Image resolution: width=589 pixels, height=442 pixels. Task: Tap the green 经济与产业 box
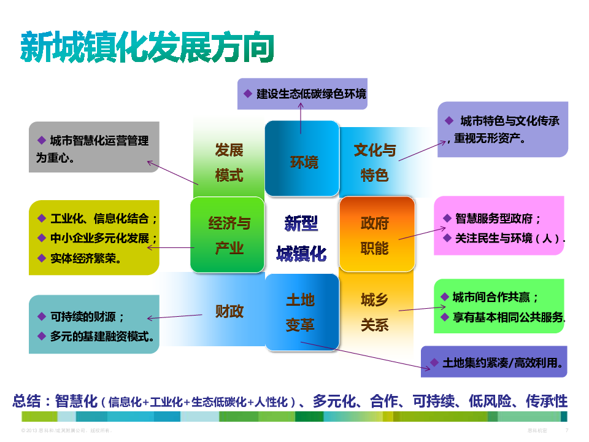click(x=228, y=235)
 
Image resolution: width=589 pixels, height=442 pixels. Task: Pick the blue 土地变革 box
click(x=301, y=312)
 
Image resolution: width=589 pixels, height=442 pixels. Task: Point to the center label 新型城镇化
click(x=301, y=238)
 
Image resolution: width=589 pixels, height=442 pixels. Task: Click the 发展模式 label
click(x=229, y=163)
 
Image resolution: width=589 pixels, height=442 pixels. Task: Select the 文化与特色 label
click(x=375, y=163)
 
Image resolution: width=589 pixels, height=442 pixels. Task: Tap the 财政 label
click(x=229, y=311)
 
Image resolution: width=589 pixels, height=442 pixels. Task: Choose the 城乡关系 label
click(x=374, y=312)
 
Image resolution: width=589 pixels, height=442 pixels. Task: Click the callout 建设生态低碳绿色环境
click(x=302, y=94)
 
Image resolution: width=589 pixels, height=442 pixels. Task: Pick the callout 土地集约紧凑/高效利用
click(x=494, y=363)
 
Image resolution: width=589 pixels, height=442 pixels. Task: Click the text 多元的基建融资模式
click(x=102, y=336)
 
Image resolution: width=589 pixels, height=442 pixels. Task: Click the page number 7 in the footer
click(x=566, y=430)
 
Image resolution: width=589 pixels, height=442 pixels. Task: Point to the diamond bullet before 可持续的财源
click(x=42, y=316)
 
